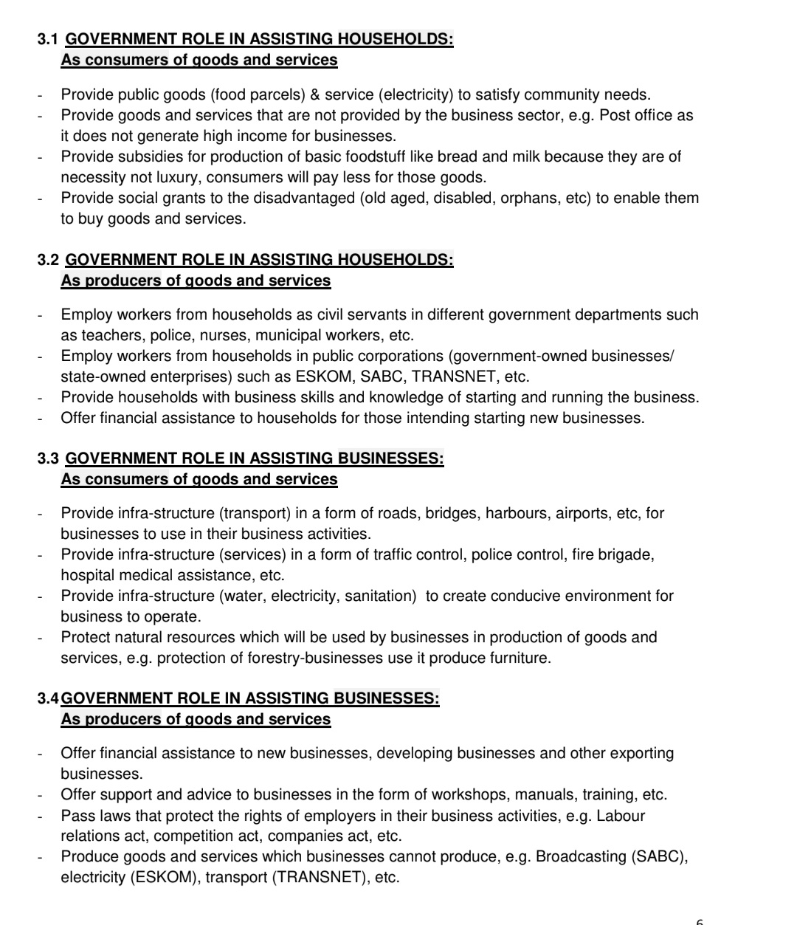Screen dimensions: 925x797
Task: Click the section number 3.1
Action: [x=48, y=39]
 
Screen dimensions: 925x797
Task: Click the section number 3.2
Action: [x=48, y=260]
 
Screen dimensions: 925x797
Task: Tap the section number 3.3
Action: [x=48, y=458]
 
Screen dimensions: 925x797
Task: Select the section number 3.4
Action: [x=48, y=698]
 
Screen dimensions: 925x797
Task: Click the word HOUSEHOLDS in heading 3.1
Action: [x=395, y=39]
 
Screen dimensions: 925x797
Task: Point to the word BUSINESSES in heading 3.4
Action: [x=386, y=698]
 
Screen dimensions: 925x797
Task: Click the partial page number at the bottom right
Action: [x=700, y=921]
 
